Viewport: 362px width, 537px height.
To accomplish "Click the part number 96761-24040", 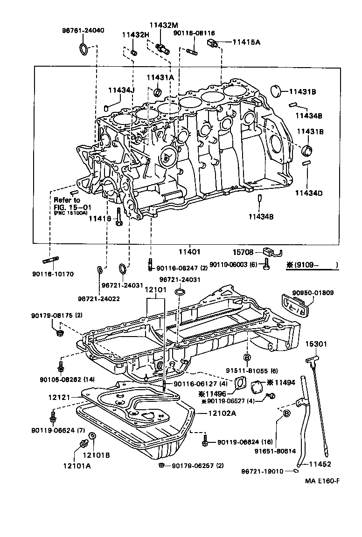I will coord(83,30).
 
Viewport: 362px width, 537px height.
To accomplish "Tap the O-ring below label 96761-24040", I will coord(83,48).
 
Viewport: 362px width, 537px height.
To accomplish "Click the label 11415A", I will coord(246,42).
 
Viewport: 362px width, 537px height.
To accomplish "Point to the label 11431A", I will coord(160,77).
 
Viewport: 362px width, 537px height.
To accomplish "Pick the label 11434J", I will coord(121,90).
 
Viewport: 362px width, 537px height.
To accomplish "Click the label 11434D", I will coord(309,193).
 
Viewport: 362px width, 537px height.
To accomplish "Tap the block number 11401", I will coord(189,252).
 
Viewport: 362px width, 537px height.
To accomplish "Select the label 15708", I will coord(244,252).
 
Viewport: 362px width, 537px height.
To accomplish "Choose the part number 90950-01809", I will coord(313,293).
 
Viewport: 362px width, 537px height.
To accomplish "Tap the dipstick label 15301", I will coord(317,344).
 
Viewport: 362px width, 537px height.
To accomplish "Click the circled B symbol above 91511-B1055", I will coord(247,358).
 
